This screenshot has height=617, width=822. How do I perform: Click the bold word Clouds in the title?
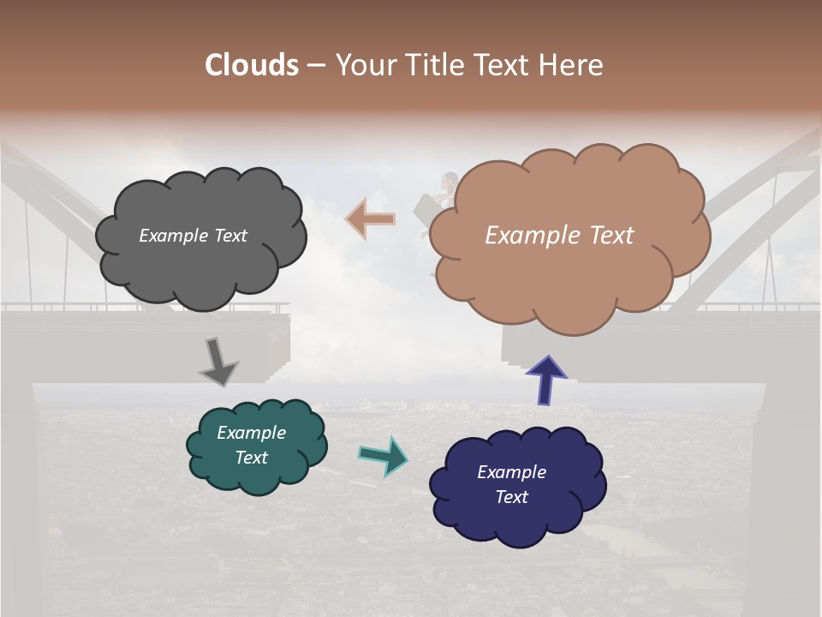click(x=252, y=65)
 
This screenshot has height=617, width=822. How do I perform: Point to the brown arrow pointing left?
click(x=370, y=219)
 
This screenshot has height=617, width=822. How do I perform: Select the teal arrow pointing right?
click(x=383, y=455)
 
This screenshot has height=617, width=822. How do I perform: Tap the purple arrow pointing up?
click(x=546, y=380)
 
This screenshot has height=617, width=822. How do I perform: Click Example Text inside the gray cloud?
click(x=193, y=235)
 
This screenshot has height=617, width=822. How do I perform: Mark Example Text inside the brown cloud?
click(x=559, y=235)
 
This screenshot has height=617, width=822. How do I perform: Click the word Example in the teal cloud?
click(x=251, y=433)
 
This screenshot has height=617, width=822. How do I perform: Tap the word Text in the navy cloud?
click(x=512, y=497)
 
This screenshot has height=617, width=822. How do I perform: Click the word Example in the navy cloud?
click(x=512, y=472)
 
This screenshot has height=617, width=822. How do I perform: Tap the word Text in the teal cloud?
click(x=251, y=458)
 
